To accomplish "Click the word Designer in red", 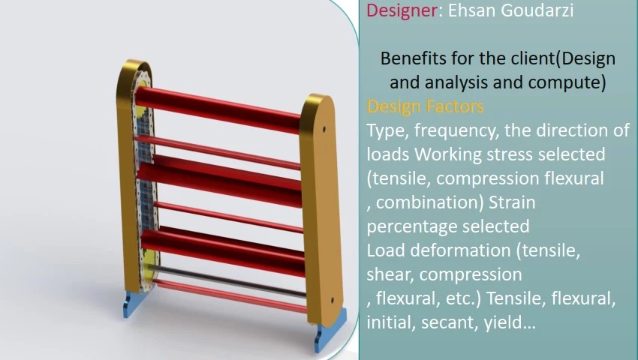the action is click(402, 10).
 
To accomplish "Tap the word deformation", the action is click(460, 250).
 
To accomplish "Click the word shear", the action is click(390, 274).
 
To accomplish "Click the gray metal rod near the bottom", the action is click(227, 280).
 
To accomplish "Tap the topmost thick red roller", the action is click(218, 108).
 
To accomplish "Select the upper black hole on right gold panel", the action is click(324, 129).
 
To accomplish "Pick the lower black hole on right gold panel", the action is click(333, 301).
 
